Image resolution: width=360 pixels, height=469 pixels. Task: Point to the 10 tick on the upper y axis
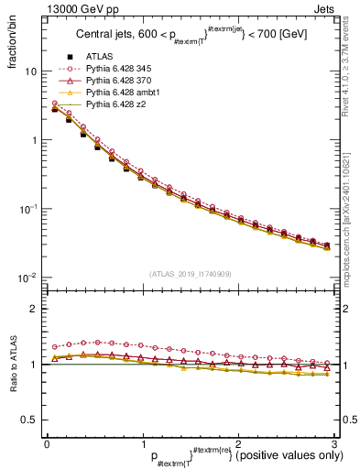(30, 71)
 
